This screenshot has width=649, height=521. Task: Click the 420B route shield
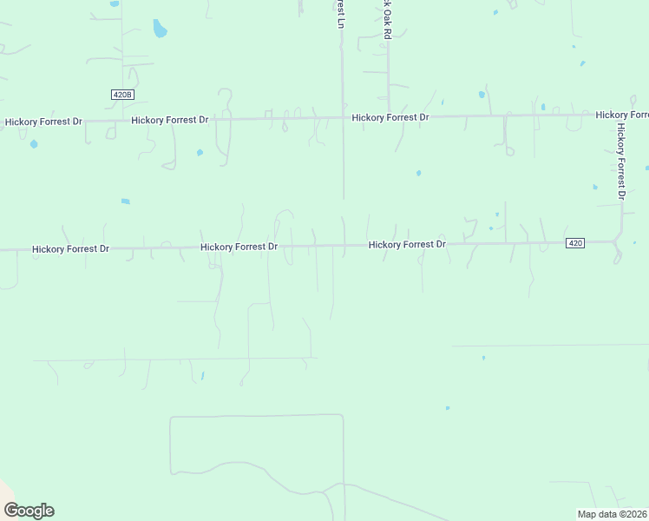(x=122, y=94)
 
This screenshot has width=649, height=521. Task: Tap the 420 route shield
(x=574, y=243)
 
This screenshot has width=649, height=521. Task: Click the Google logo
(x=29, y=511)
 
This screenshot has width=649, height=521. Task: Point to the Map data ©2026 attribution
(x=611, y=514)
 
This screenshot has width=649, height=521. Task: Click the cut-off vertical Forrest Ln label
(x=341, y=13)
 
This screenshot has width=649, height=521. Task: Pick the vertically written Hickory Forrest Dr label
(x=621, y=161)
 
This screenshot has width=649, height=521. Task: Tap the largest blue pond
(x=160, y=30)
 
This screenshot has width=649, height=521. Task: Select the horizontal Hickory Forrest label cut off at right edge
(x=622, y=115)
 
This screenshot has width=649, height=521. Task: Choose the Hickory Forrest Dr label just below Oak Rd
(x=390, y=117)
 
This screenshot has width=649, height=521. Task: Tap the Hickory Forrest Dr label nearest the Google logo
(x=70, y=249)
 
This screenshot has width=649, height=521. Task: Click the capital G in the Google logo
(x=11, y=511)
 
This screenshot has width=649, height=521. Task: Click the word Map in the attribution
(x=587, y=514)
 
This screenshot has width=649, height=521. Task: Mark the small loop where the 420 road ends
(x=617, y=255)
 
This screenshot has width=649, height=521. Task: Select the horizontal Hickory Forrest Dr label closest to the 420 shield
(x=407, y=245)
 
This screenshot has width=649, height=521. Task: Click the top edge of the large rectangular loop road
(x=256, y=416)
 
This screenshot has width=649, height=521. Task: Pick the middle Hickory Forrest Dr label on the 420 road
(x=239, y=247)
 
